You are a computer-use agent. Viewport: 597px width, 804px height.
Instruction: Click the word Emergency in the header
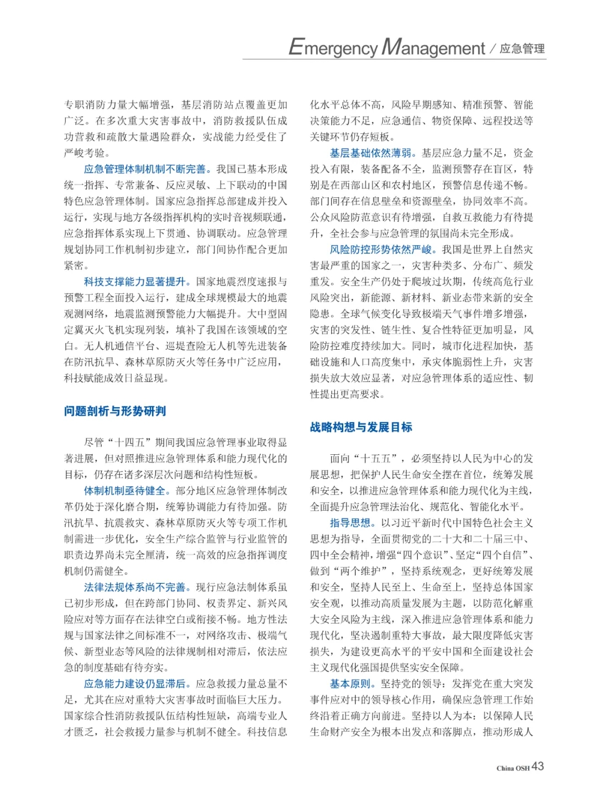pos(333,48)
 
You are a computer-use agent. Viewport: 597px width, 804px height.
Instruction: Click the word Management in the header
pos(433,48)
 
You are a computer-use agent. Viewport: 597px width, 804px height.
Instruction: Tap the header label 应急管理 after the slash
pos(522,49)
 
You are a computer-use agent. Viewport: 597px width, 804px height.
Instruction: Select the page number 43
pos(538,766)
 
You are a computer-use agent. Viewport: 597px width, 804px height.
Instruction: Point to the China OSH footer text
pos(512,768)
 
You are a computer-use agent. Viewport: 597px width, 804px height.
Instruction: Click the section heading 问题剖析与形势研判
pos(115,411)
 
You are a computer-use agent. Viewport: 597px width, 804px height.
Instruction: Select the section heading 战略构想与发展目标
pos(361,427)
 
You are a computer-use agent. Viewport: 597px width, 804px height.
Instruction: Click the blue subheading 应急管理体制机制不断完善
pos(145,169)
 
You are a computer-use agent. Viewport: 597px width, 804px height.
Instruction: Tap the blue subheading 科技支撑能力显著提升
pos(135,282)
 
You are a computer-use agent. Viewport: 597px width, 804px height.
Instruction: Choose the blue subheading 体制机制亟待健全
pos(125,491)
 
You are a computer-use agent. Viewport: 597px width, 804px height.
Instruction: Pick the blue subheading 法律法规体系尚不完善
pos(135,587)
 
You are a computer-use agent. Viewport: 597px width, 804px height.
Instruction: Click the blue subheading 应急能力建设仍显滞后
pos(135,684)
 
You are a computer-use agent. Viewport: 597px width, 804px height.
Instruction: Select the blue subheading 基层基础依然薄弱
pos(371,153)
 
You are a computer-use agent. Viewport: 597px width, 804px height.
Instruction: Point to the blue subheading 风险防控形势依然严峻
pos(381,250)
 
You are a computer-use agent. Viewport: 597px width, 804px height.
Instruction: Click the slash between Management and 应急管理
pos(492,49)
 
